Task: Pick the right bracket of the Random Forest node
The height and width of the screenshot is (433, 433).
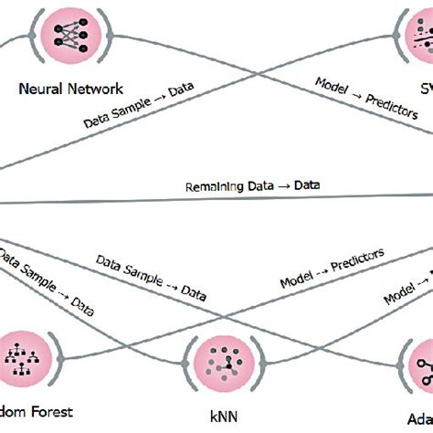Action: [x=57, y=357]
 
